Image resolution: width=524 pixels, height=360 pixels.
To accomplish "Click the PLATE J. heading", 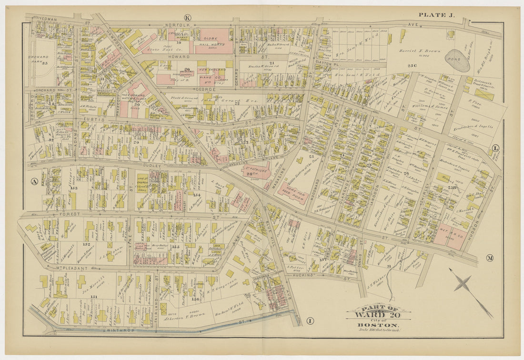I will click(436, 15).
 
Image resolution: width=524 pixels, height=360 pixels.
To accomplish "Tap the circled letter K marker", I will click(187, 18).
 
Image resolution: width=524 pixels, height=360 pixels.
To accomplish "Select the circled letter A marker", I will click(33, 181).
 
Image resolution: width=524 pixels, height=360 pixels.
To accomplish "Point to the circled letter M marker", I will click(490, 258).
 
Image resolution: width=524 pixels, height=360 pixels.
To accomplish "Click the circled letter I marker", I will click(310, 320).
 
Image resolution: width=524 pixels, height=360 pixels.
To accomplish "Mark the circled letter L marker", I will click(495, 148).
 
